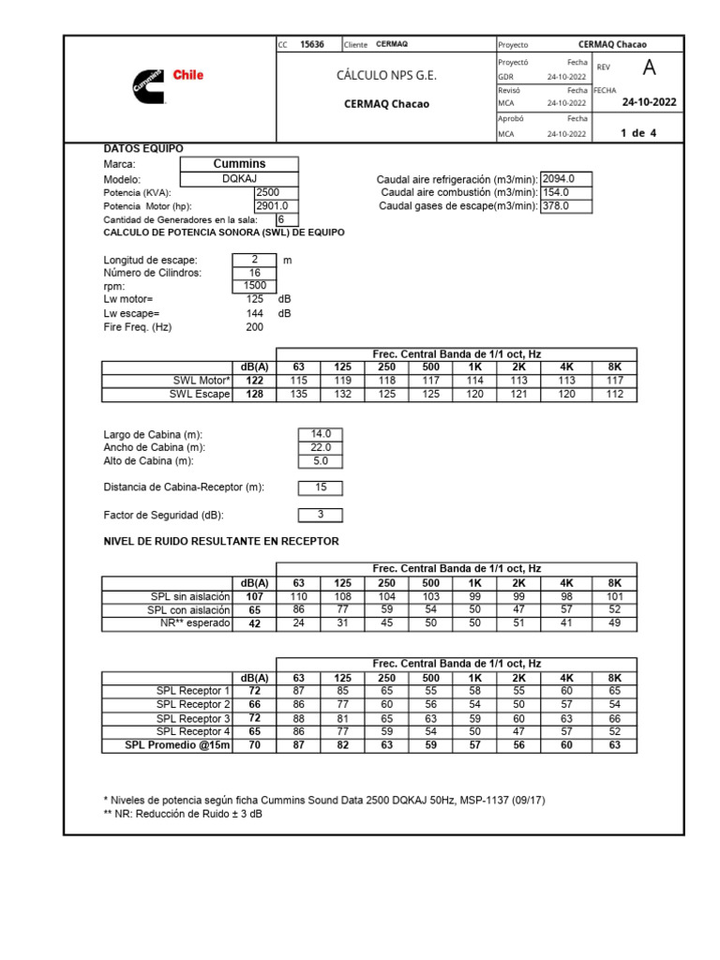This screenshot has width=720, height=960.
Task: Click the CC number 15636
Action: [311, 44]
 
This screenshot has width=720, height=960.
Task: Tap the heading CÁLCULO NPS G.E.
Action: [386, 75]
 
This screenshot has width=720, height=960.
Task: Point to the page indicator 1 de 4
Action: [638, 133]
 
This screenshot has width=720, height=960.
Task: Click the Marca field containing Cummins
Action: [240, 164]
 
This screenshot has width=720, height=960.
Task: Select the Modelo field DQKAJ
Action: [240, 178]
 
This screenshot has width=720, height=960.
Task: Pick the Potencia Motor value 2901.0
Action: [271, 205]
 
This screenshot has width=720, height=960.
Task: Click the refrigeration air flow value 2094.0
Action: [565, 178]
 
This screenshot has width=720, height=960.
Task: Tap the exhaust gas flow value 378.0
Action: [565, 205]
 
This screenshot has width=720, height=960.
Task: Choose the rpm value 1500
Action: [254, 286]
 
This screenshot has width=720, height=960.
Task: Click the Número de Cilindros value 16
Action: [254, 273]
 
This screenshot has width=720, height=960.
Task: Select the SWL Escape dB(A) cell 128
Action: [254, 395]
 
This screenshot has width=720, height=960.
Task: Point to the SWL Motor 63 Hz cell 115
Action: [299, 381]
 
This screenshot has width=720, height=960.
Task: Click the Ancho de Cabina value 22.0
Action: [321, 447]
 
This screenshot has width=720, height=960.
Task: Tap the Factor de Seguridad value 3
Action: [321, 515]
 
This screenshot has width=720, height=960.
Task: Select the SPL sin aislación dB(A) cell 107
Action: [254, 596]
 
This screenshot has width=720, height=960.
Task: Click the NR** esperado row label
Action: [197, 622]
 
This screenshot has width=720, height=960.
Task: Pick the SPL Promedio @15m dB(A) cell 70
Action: [254, 745]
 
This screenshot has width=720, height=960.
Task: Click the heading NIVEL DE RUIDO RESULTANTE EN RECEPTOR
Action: [220, 542]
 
